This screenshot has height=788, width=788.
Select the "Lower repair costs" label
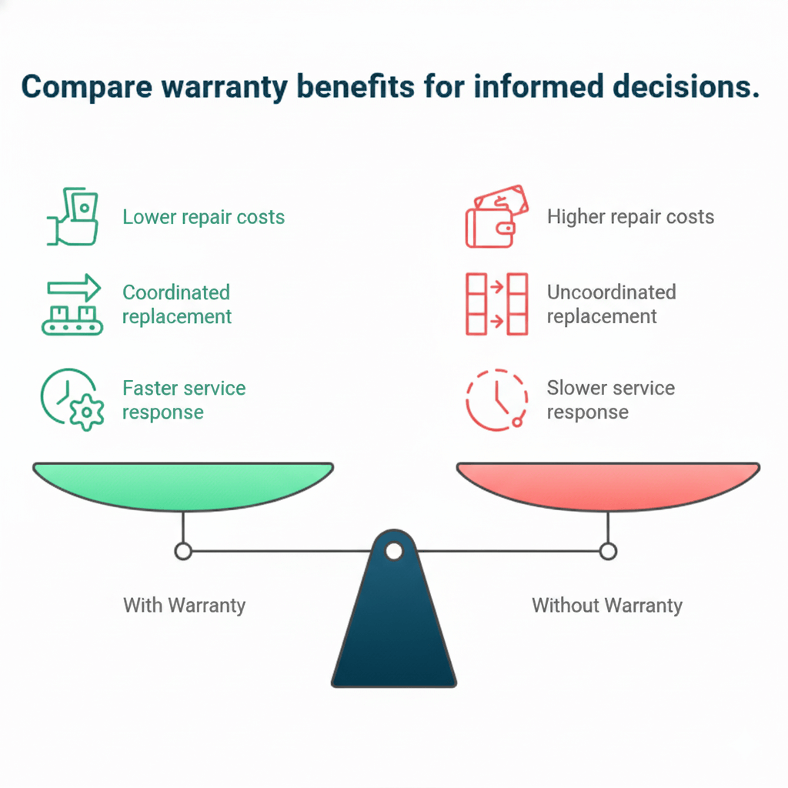click(x=203, y=217)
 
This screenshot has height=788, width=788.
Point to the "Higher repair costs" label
click(x=630, y=217)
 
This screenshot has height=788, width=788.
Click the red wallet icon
click(x=496, y=216)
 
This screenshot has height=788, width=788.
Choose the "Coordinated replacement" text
click(x=176, y=304)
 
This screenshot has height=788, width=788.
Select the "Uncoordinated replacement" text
click(x=611, y=304)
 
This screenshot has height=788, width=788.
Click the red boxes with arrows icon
click(x=496, y=304)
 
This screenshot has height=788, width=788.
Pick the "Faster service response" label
click(x=184, y=399)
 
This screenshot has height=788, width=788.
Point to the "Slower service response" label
click(x=610, y=399)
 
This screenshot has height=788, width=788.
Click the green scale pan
click(x=183, y=485)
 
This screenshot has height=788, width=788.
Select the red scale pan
click(x=608, y=485)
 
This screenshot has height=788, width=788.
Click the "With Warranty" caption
click(x=184, y=605)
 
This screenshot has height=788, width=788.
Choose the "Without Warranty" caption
click(x=606, y=605)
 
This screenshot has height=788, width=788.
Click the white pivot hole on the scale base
click(x=393, y=551)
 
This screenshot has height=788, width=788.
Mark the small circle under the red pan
click(x=608, y=551)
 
